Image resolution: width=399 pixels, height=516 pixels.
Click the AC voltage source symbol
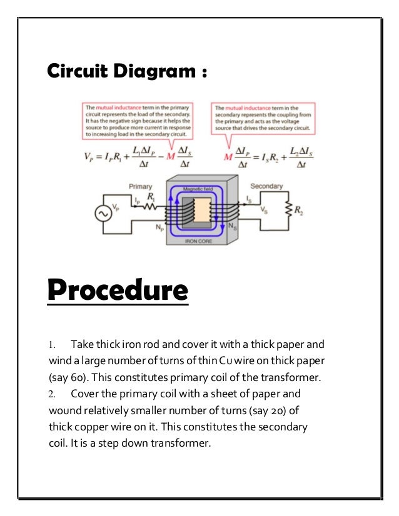101,214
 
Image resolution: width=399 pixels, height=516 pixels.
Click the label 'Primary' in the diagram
140,186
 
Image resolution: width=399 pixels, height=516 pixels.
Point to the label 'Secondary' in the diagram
266,186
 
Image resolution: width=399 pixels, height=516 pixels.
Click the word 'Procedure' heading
118,290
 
